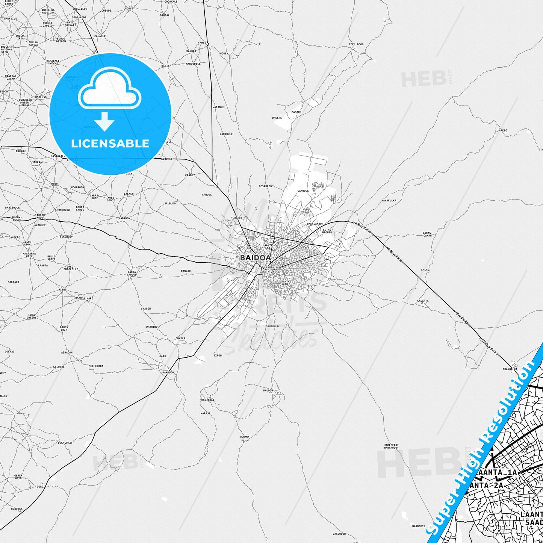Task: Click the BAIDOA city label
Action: tap(255, 258)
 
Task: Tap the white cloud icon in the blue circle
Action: tap(110, 90)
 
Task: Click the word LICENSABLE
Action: tap(110, 144)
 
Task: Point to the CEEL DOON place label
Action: tap(356, 44)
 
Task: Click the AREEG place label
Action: tap(503, 130)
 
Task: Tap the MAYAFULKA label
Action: tap(389, 201)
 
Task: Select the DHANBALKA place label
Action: tap(510, 369)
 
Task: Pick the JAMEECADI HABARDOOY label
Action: tap(391, 446)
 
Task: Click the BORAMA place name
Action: tap(244, 437)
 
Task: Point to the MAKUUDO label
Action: tap(168, 372)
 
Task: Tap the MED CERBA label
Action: tap(96, 366)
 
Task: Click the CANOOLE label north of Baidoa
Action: tap(303, 191)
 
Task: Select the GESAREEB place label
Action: tap(265, 186)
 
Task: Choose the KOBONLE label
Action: tap(166, 159)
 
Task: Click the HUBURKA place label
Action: tap(17, 509)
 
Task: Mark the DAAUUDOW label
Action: tap(339, 534)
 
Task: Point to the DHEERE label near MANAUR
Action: tap(277, 118)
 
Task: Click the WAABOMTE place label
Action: tap(418, 526)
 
